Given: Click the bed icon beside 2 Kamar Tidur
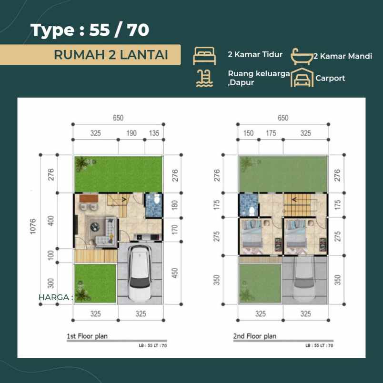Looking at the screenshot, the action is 204,56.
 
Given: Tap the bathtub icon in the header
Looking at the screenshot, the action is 302,56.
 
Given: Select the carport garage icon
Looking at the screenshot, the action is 302,78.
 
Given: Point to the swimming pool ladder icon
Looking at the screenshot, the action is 204,78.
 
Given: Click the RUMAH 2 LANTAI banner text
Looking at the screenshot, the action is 111,55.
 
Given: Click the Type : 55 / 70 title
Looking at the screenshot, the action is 90,30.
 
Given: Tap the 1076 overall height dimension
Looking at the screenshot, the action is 33,226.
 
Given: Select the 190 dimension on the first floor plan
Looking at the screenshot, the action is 131,133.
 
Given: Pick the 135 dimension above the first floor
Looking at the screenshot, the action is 154,133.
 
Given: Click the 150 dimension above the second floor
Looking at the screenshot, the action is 248,133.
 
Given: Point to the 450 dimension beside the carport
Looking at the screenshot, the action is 175,273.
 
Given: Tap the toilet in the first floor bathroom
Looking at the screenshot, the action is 157,200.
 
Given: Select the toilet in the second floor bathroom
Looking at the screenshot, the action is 251,212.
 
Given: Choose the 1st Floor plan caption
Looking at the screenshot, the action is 87,336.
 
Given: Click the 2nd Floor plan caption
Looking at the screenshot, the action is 255,336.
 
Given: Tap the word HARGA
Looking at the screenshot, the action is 54,297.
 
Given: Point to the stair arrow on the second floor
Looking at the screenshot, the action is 294,200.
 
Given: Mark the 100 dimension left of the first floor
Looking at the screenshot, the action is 50,255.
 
